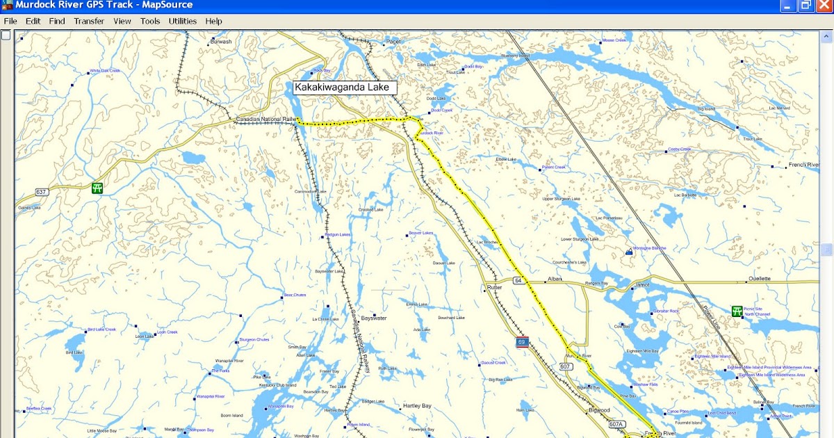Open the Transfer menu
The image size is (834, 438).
point(89,21)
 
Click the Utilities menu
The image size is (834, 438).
point(183,21)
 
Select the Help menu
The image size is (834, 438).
point(213,21)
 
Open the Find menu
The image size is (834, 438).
point(57,21)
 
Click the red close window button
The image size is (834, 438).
point(823,6)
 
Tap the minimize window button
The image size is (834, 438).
point(787,6)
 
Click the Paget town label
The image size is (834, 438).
point(394,42)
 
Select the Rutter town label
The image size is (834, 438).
point(494,287)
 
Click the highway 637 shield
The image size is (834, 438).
point(42,192)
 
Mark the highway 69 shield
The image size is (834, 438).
point(522,342)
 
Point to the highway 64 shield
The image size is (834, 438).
point(518,279)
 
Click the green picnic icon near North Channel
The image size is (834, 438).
point(737,311)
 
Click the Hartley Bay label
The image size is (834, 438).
point(417,406)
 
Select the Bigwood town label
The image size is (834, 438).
point(598,410)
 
